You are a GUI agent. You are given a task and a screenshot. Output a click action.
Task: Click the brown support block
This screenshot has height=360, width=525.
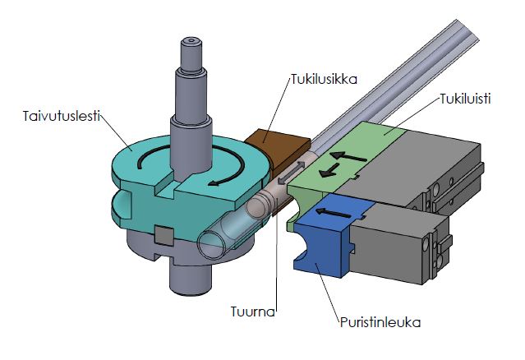271,147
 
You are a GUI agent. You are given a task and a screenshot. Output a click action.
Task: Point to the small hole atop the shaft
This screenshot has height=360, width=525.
191,38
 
